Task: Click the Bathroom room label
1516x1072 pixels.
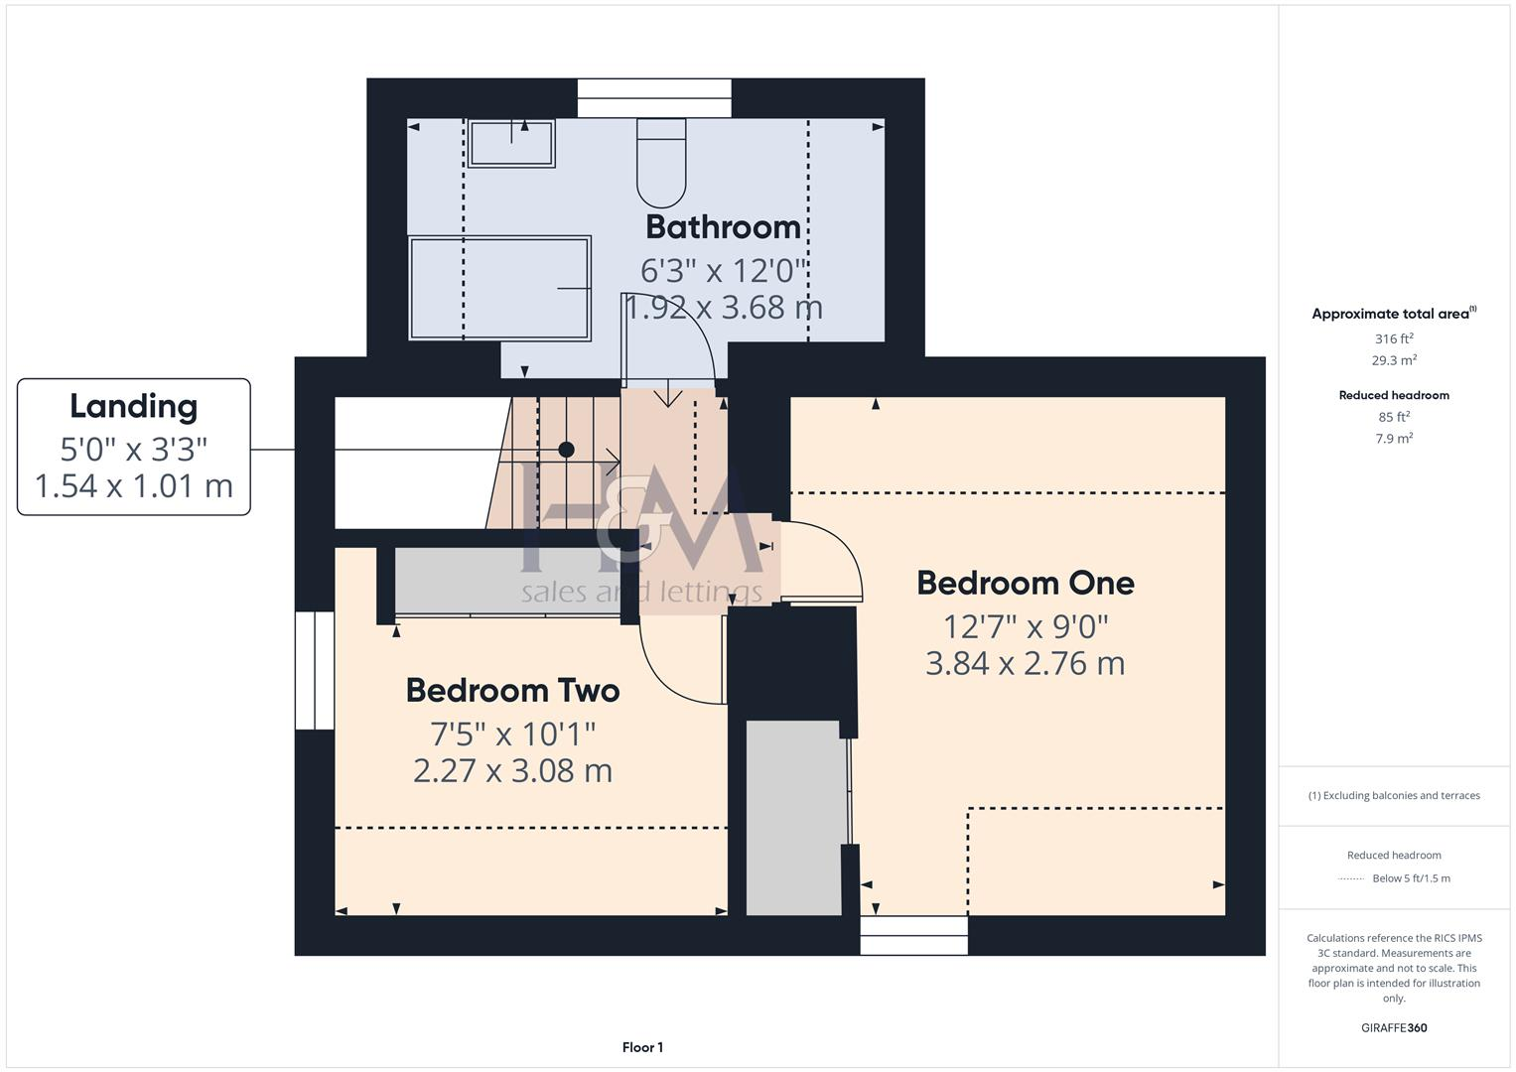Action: coord(723,227)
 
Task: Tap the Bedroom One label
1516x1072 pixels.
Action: coord(1025,583)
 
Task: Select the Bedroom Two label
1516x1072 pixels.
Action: coord(512,691)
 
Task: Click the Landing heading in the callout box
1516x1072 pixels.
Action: coord(133,406)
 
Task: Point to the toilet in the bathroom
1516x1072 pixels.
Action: coord(661,165)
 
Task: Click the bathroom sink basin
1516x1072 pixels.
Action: coord(511,143)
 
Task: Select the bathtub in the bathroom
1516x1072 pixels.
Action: coord(499,288)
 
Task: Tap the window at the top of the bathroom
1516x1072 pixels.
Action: coord(654,98)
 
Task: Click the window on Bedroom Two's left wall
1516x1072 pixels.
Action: coord(315,670)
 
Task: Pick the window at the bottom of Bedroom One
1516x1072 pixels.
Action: coord(913,935)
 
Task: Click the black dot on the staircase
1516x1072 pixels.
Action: coord(566,450)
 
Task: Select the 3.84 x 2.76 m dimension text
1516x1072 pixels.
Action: coord(1025,663)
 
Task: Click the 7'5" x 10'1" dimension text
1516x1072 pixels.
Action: coord(512,735)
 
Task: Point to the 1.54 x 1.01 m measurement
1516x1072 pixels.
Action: coord(133,486)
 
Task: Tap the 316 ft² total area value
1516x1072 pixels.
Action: coord(1394,339)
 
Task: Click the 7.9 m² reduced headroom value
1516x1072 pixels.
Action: coord(1394,439)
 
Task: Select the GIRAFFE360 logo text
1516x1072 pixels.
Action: coord(1394,1028)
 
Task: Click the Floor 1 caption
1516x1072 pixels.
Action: coord(642,1047)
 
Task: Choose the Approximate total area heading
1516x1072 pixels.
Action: coord(1392,314)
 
